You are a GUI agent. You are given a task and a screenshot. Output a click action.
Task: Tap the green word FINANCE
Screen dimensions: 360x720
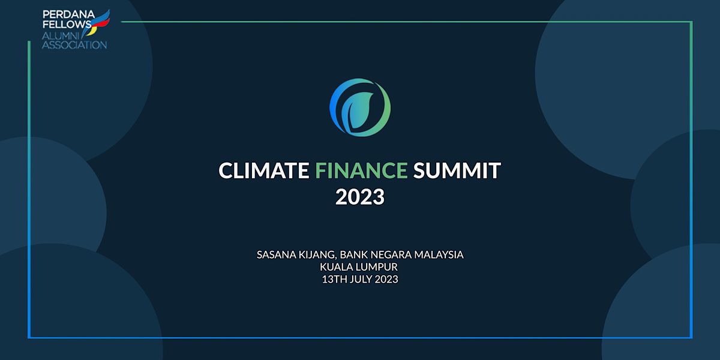point(361,171)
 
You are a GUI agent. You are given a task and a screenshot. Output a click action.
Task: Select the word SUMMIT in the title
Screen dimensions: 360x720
point(457,171)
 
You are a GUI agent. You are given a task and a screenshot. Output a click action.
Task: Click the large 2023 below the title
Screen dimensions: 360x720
point(360,197)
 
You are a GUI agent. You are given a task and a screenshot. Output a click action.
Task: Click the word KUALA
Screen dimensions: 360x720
point(337,267)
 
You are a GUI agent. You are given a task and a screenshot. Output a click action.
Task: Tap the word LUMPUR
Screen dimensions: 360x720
point(379,267)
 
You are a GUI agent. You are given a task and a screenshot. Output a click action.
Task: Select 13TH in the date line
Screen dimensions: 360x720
point(334,280)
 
